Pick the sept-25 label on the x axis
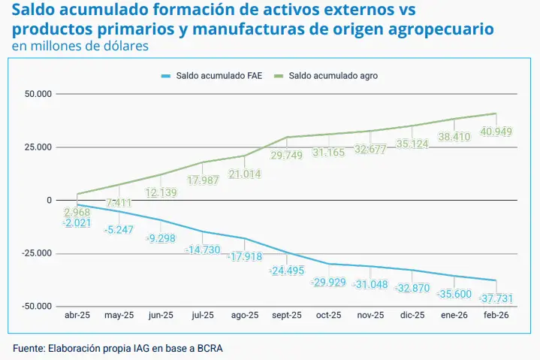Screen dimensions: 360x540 (x=286, y=316)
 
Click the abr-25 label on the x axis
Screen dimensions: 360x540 (x=79, y=316)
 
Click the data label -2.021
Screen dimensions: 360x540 (x=78, y=222)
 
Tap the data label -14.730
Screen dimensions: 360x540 (x=203, y=249)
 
